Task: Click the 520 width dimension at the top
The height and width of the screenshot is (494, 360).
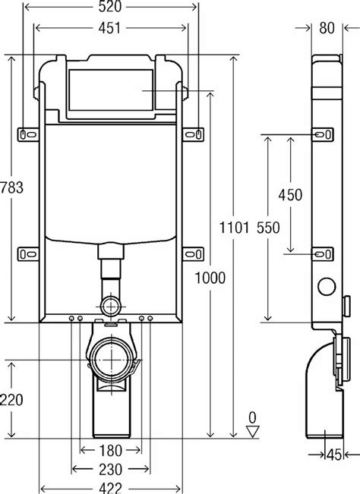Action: [112, 8]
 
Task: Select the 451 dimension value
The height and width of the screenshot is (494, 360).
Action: [112, 31]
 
